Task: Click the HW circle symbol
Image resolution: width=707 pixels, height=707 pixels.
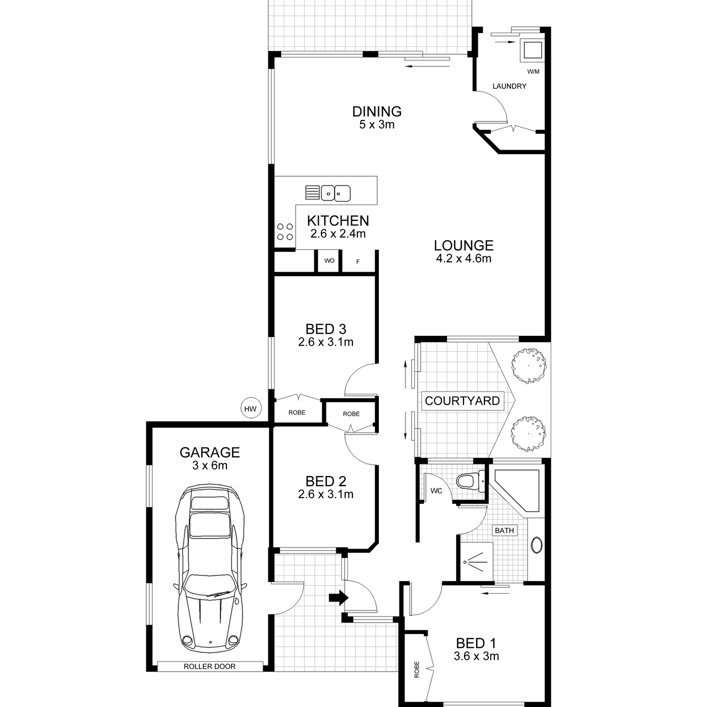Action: coord(251,409)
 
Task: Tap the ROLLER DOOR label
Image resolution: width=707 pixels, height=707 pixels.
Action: coord(209,666)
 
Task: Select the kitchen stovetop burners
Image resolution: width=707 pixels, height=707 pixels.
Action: coord(285,232)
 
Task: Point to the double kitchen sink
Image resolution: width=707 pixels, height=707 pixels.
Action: coord(335,193)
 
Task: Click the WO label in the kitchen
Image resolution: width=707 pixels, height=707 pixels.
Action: coord(329,261)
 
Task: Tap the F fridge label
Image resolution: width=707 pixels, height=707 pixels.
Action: coord(358,262)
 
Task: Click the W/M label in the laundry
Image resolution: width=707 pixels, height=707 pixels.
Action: coord(533,72)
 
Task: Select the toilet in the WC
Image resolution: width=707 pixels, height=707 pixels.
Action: coord(471,481)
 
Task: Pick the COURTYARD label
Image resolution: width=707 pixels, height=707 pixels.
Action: coord(462,400)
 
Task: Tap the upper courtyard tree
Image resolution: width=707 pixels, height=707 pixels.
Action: coord(529,366)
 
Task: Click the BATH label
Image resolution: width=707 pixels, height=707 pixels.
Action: coord(504,530)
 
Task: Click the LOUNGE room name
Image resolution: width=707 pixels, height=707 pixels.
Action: coord(463,245)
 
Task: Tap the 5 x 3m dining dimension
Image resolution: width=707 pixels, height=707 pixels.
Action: coord(377,125)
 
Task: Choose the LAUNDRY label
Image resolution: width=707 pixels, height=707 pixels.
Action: coord(509,86)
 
